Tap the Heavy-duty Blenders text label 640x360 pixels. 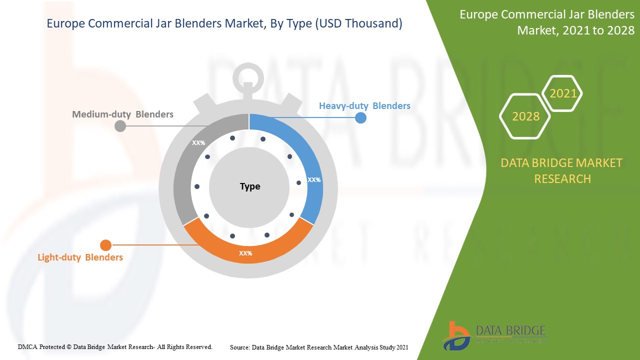click(x=364, y=106)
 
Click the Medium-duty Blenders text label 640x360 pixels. click(x=122, y=114)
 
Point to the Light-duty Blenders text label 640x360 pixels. click(x=80, y=257)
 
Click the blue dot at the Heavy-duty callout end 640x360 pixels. click(x=360, y=118)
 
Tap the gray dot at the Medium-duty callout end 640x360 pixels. click(x=120, y=126)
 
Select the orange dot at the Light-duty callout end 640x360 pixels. click(x=105, y=245)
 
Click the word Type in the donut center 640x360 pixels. click(x=249, y=186)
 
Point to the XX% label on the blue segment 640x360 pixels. click(x=314, y=179)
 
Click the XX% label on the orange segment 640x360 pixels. click(x=245, y=253)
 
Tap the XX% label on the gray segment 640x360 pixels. click(x=198, y=143)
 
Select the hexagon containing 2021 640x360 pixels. click(x=562, y=93)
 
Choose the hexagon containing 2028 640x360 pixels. click(x=525, y=116)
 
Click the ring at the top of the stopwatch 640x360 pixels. click(x=248, y=77)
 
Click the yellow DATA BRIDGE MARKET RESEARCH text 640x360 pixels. click(x=562, y=170)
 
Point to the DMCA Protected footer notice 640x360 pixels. click(x=115, y=346)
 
